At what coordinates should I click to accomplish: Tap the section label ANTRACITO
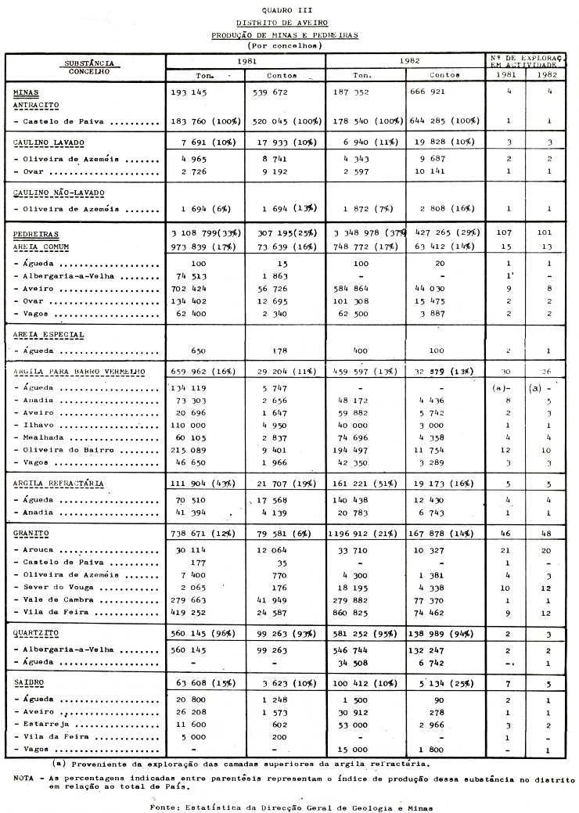tap(36, 105)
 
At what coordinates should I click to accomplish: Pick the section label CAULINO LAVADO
tap(48, 144)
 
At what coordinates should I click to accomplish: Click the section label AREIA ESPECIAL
tap(48, 335)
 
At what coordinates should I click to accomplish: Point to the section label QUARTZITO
tap(37, 632)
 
